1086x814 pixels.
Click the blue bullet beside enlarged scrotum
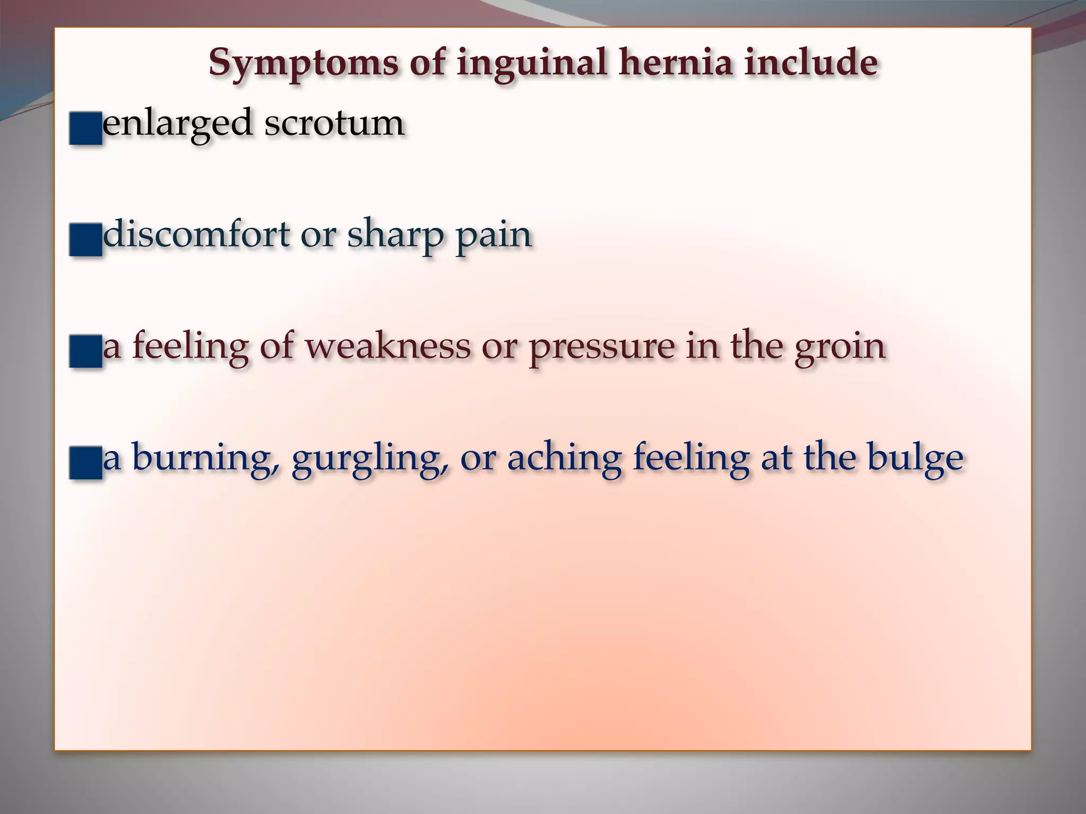tap(85, 128)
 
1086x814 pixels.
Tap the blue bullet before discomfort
tap(85, 240)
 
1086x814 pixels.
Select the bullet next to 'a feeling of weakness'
tap(85, 351)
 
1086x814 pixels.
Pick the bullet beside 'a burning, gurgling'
tap(85, 463)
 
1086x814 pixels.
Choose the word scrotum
tap(335, 123)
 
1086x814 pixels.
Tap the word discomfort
tap(196, 234)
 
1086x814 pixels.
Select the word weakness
tap(388, 346)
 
